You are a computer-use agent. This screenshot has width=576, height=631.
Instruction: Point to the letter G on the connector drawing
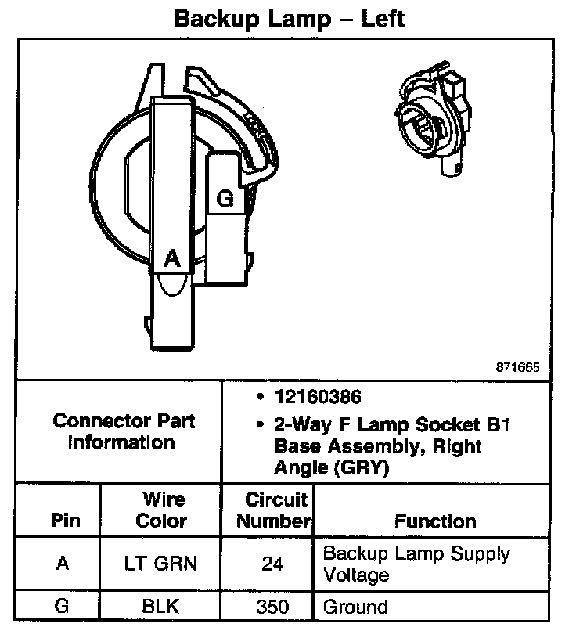(x=225, y=199)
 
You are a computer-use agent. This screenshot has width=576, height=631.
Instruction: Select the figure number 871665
(x=517, y=366)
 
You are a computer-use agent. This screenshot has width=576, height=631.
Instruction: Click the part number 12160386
(x=317, y=397)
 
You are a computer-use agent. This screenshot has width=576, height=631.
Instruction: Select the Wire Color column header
(x=162, y=510)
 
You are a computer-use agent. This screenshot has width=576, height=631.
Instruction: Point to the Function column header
(x=435, y=521)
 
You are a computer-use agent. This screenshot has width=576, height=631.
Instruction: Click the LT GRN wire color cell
(x=162, y=564)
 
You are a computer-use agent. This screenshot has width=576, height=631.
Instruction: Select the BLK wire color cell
(x=162, y=607)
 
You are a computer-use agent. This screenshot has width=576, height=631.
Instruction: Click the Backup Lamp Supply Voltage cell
(x=416, y=564)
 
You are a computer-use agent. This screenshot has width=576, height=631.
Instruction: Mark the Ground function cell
(x=355, y=607)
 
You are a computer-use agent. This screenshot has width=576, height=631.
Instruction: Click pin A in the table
(x=63, y=564)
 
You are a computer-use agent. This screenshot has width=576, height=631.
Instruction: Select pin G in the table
(x=63, y=607)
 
